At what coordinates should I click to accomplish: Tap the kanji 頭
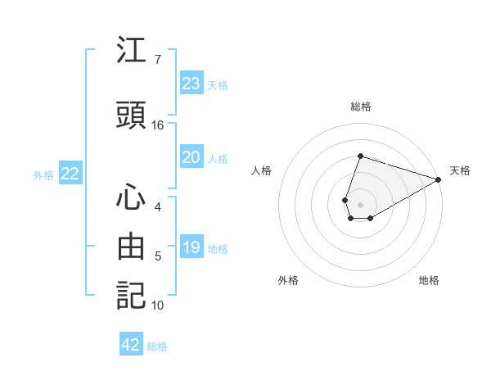pyautogui.click(x=131, y=115)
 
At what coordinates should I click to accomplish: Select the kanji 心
pyautogui.click(x=131, y=196)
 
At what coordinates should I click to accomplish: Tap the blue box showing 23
pyautogui.click(x=191, y=84)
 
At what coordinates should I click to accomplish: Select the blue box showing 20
pyautogui.click(x=191, y=157)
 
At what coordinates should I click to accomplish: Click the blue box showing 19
pyautogui.click(x=191, y=247)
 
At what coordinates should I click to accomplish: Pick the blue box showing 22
pyautogui.click(x=70, y=174)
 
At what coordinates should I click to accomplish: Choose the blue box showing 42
pyautogui.click(x=131, y=345)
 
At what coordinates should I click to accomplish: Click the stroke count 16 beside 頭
pyautogui.click(x=158, y=125)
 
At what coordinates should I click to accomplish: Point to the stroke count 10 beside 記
pyautogui.click(x=158, y=306)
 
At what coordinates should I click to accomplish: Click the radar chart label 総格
pyautogui.click(x=361, y=106)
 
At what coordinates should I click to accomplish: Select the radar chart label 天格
pyautogui.click(x=460, y=170)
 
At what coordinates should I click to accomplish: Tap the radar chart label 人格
pyautogui.click(x=262, y=170)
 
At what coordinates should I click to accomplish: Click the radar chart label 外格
pyautogui.click(x=288, y=280)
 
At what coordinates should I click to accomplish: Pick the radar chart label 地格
pyautogui.click(x=429, y=280)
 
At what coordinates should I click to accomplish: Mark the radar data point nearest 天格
pyautogui.click(x=439, y=179)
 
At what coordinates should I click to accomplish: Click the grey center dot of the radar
pyautogui.click(x=361, y=204)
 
